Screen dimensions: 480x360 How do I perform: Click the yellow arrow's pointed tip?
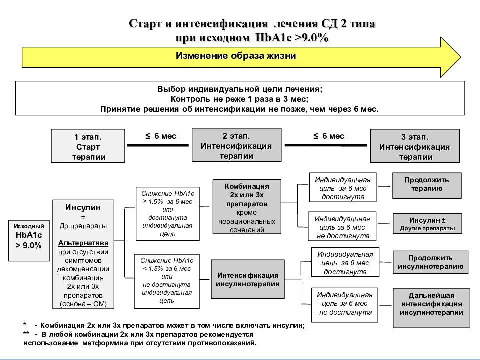tap(461, 57)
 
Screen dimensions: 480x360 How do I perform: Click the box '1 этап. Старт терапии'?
tap(88, 146)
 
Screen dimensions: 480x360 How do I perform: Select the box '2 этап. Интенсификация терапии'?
tap(236, 145)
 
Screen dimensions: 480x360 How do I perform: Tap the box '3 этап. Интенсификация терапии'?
tap(415, 146)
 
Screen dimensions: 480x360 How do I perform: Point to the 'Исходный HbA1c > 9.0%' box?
tap(29, 241)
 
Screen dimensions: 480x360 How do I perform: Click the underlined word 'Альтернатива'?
tap(83, 243)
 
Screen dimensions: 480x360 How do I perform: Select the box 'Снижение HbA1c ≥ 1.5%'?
tap(168, 214)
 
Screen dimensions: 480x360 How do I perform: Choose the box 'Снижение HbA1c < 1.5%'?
tap(167, 281)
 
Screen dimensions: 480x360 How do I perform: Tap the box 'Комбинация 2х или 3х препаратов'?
tap(247, 207)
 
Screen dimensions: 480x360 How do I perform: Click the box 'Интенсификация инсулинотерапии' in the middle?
tap(248, 279)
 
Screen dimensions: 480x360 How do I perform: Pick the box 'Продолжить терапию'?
tap(427, 186)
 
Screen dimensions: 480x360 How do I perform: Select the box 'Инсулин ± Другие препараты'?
tap(427, 224)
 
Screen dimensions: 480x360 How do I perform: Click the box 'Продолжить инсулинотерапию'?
tap(430, 262)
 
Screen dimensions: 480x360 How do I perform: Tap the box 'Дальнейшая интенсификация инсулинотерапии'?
tap(431, 308)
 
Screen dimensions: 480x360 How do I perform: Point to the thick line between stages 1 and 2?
tap(158, 145)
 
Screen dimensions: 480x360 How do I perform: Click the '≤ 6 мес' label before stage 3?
tap(329, 136)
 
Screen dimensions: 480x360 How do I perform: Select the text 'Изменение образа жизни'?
tap(236, 56)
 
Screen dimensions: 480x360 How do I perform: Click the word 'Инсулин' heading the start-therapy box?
tap(83, 207)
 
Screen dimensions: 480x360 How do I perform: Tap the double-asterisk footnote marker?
tap(26, 334)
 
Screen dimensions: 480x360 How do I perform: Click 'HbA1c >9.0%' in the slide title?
tap(292, 38)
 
